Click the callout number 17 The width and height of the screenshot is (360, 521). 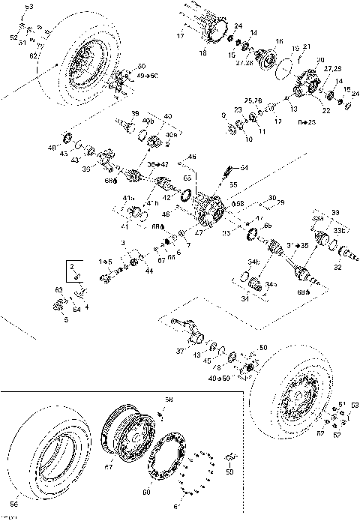click(180, 36)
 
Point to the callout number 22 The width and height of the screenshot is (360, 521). click(325, 110)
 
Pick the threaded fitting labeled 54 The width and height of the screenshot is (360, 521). click(226, 175)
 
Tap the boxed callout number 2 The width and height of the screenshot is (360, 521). click(72, 266)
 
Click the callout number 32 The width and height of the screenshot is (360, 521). click(337, 267)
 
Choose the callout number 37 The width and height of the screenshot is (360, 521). click(179, 351)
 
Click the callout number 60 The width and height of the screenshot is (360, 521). click(146, 493)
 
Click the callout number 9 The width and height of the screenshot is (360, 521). click(223, 114)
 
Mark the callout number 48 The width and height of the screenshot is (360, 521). click(52, 147)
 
